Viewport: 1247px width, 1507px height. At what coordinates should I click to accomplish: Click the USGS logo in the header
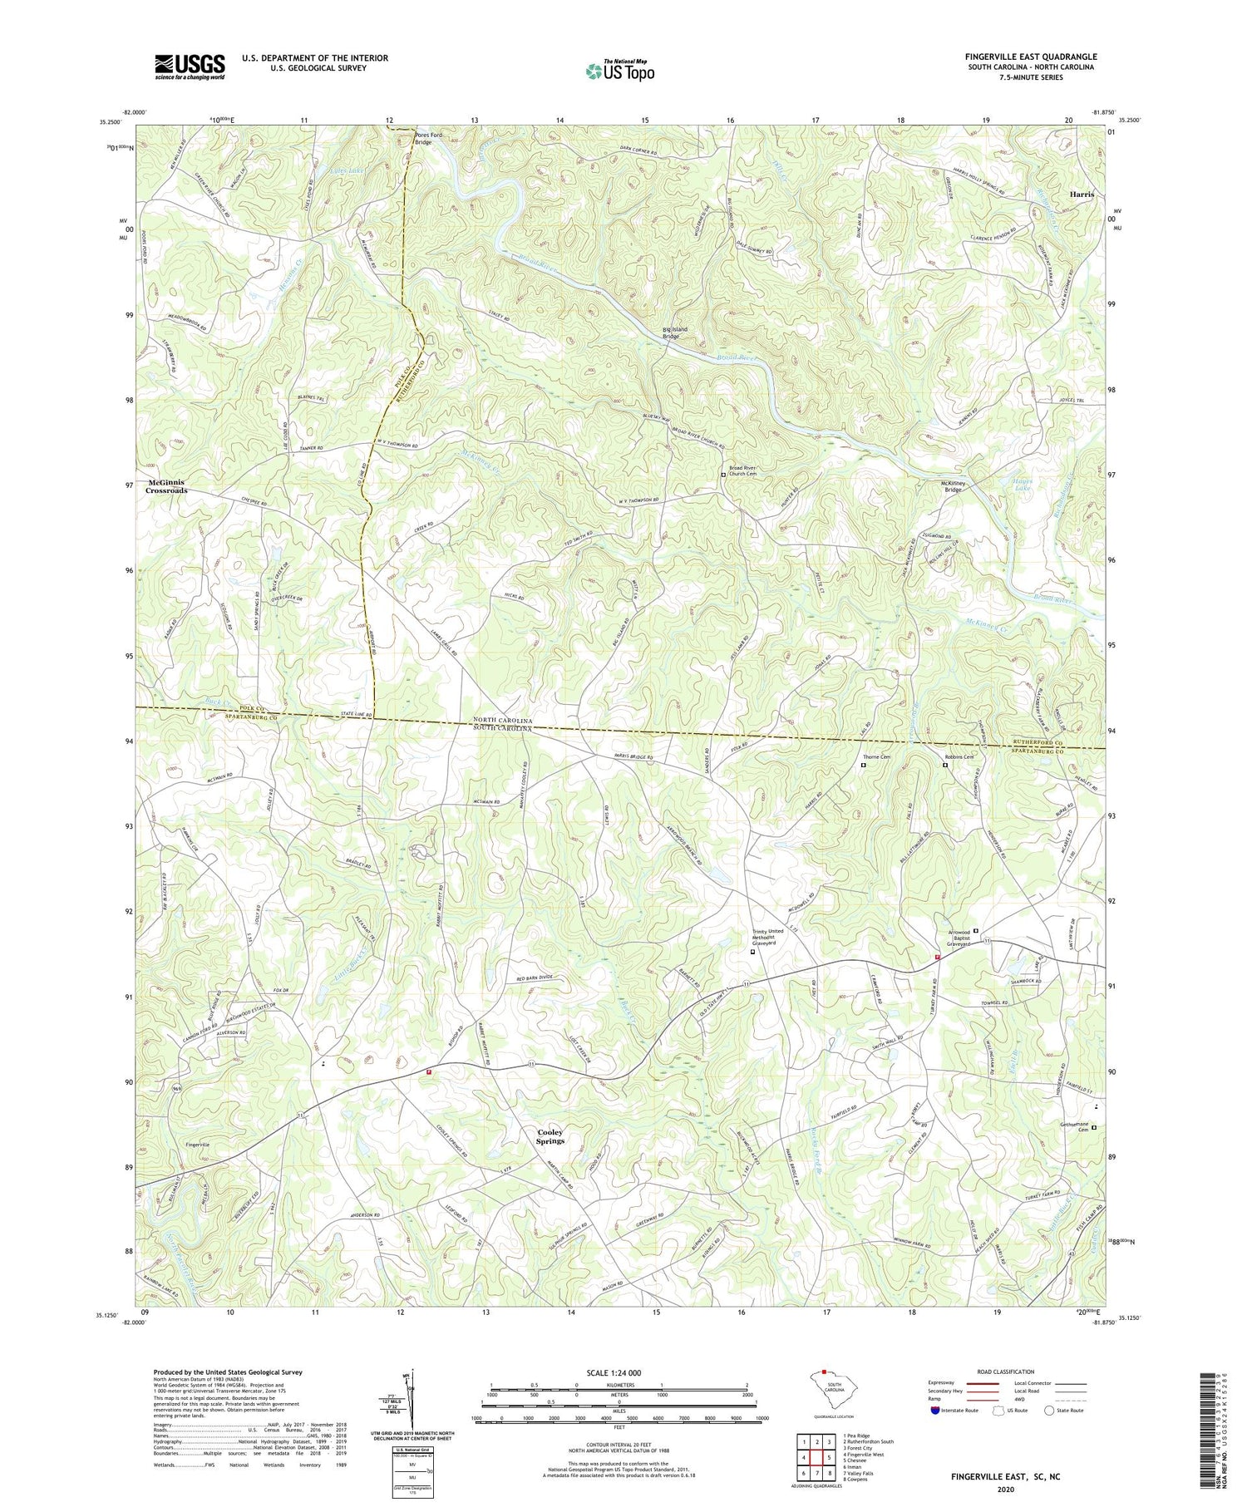[x=190, y=66]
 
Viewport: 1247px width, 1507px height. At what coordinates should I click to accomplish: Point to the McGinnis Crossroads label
[x=167, y=487]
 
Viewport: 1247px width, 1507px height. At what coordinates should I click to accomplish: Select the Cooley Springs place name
[x=550, y=1136]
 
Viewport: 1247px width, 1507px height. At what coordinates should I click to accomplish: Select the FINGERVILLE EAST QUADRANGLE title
[x=1030, y=57]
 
